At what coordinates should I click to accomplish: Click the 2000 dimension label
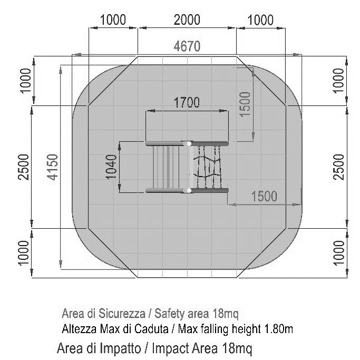tap(187, 20)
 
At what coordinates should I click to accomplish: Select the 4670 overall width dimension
tap(187, 46)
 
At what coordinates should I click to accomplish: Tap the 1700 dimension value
tap(187, 102)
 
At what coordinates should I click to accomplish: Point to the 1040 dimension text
tap(111, 167)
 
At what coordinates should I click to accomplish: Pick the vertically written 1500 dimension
tap(245, 104)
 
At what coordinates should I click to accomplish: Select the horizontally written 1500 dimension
tap(264, 197)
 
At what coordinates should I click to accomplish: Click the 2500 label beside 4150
tap(24, 167)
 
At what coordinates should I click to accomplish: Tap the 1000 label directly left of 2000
tap(113, 20)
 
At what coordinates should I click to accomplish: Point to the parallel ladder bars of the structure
tap(166, 167)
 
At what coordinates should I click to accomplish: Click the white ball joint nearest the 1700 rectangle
tap(189, 144)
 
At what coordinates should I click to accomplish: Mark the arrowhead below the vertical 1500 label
tap(253, 136)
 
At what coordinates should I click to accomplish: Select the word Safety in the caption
tap(169, 314)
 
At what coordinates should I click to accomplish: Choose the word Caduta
tap(151, 329)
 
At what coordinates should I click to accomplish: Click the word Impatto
tap(120, 348)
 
